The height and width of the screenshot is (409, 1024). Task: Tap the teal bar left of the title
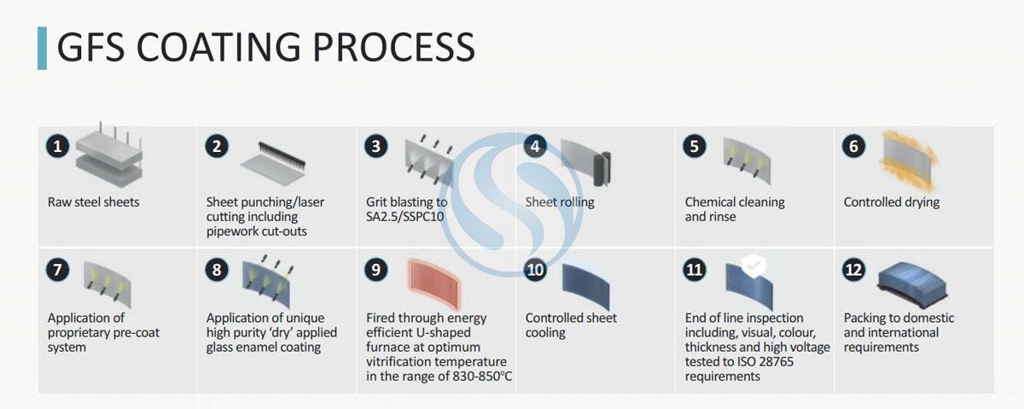(42, 48)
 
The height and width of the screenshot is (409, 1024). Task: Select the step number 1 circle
(58, 146)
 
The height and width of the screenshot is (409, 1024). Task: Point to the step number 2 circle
(217, 146)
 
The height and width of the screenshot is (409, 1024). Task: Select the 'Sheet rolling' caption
(560, 202)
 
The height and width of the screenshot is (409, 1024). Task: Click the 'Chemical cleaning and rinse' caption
(734, 209)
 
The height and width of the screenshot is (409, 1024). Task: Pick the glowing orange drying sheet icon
(908, 160)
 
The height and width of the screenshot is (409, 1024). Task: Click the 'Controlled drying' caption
(891, 202)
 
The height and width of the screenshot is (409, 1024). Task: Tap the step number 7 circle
(58, 270)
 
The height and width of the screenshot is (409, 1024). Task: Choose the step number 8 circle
(217, 270)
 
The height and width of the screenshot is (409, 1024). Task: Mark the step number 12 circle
(854, 270)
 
